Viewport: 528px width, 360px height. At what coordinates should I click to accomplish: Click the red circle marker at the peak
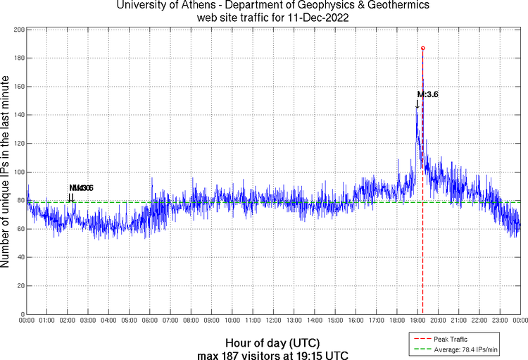pos(422,48)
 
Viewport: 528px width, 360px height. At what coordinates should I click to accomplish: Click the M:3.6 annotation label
pos(428,94)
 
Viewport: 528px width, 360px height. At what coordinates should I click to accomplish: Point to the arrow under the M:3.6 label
pos(417,105)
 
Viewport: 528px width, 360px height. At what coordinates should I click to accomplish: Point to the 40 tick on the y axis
pos(19,257)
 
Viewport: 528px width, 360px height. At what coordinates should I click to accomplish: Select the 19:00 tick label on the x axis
pos(417,321)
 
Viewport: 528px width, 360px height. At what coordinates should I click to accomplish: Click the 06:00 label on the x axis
pos(150,321)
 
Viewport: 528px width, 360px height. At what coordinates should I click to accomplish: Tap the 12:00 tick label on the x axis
pos(273,321)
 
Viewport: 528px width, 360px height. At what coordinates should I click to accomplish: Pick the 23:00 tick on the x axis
pos(499,321)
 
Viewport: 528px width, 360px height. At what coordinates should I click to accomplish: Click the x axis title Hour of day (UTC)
pos(273,342)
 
